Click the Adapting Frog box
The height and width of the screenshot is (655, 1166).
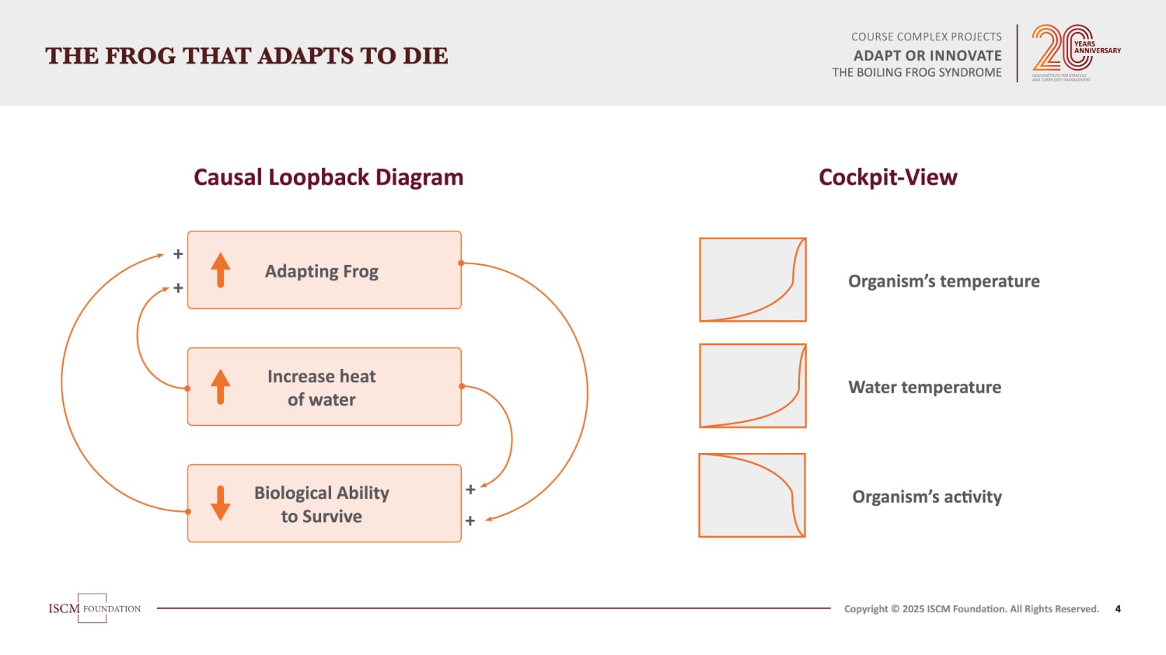(324, 270)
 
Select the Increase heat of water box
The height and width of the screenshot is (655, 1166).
(324, 387)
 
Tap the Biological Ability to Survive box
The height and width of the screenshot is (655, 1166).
(324, 503)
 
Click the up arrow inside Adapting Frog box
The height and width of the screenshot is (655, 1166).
(221, 270)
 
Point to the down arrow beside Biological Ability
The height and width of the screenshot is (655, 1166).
(221, 503)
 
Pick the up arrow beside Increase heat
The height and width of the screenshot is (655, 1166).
(221, 387)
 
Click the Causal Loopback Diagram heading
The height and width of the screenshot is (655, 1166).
(328, 177)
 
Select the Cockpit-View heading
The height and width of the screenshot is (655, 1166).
(888, 177)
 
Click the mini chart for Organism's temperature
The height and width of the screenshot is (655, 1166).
(752, 280)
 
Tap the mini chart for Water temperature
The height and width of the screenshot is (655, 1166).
(752, 386)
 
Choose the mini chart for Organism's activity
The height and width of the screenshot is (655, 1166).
(752, 496)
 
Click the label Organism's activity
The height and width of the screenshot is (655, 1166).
(927, 496)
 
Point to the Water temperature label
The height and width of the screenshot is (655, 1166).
(924, 387)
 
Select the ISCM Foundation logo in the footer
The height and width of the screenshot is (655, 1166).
(94, 608)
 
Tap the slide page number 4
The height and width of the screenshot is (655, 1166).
(1118, 609)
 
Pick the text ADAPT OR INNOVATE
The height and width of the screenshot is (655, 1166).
(927, 55)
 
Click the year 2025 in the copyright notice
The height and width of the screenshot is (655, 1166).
(913, 609)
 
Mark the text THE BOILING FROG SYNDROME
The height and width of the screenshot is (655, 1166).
(916, 72)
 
